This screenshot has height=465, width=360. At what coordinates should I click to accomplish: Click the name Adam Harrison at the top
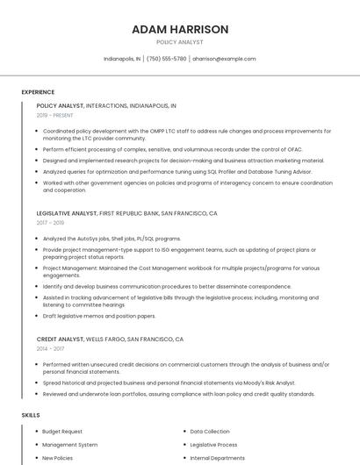[180, 29]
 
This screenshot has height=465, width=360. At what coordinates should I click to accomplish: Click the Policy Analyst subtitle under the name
[180, 42]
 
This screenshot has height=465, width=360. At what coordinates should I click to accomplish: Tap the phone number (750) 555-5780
[167, 59]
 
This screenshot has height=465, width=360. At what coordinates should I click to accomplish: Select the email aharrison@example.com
[224, 59]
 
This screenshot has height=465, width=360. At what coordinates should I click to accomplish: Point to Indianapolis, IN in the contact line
[122, 59]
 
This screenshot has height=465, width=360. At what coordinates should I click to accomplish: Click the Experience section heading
[38, 92]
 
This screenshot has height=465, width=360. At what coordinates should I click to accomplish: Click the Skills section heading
[31, 414]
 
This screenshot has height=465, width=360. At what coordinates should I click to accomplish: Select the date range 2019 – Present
[55, 115]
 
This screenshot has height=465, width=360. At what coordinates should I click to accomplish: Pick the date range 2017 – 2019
[50, 223]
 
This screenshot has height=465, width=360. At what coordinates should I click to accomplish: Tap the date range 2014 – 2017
[50, 348]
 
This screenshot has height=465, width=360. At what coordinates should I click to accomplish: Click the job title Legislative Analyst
[67, 213]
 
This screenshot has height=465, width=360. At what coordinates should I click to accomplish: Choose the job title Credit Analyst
[59, 339]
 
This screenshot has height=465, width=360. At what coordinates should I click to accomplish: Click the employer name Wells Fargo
[104, 339]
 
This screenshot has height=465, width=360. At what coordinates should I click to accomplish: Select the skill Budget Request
[62, 432]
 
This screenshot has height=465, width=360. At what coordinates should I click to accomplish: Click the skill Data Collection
[210, 432]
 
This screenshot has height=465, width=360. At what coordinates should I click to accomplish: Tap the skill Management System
[69, 445]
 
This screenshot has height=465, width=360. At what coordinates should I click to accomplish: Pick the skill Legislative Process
[214, 445]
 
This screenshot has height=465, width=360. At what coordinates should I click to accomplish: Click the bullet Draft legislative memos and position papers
[99, 316]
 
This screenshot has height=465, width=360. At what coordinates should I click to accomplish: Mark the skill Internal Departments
[218, 458]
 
